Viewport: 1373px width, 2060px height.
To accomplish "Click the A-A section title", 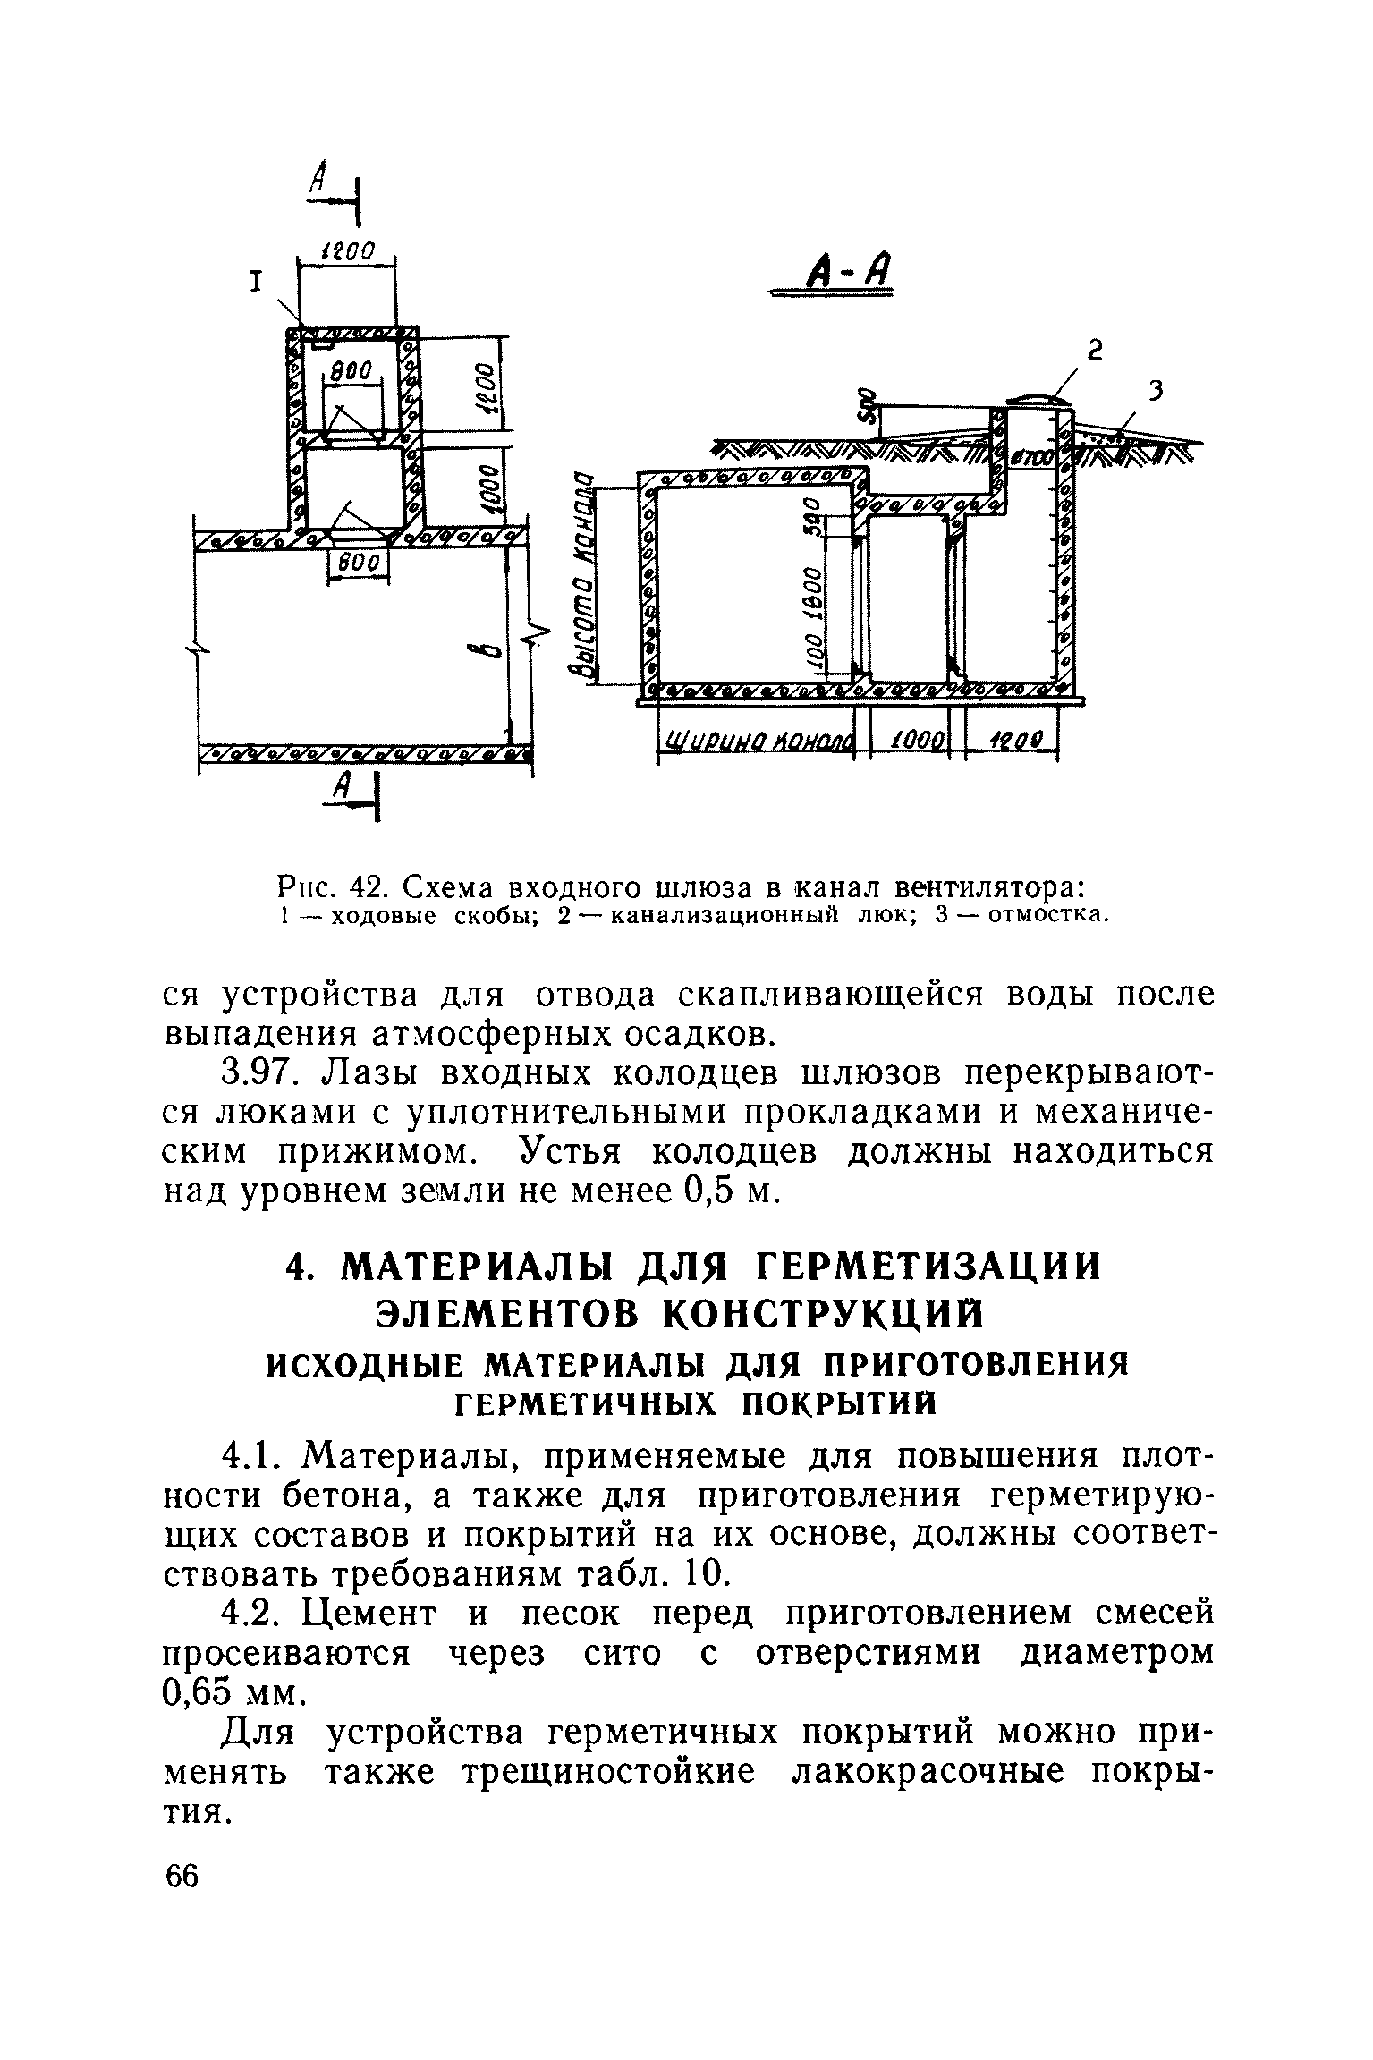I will click(x=838, y=271).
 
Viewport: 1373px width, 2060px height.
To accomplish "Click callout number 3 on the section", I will click(x=1156, y=392).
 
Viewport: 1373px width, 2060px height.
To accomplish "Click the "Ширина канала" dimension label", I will click(x=757, y=742).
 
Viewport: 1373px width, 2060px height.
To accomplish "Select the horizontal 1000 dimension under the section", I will click(x=910, y=742).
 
